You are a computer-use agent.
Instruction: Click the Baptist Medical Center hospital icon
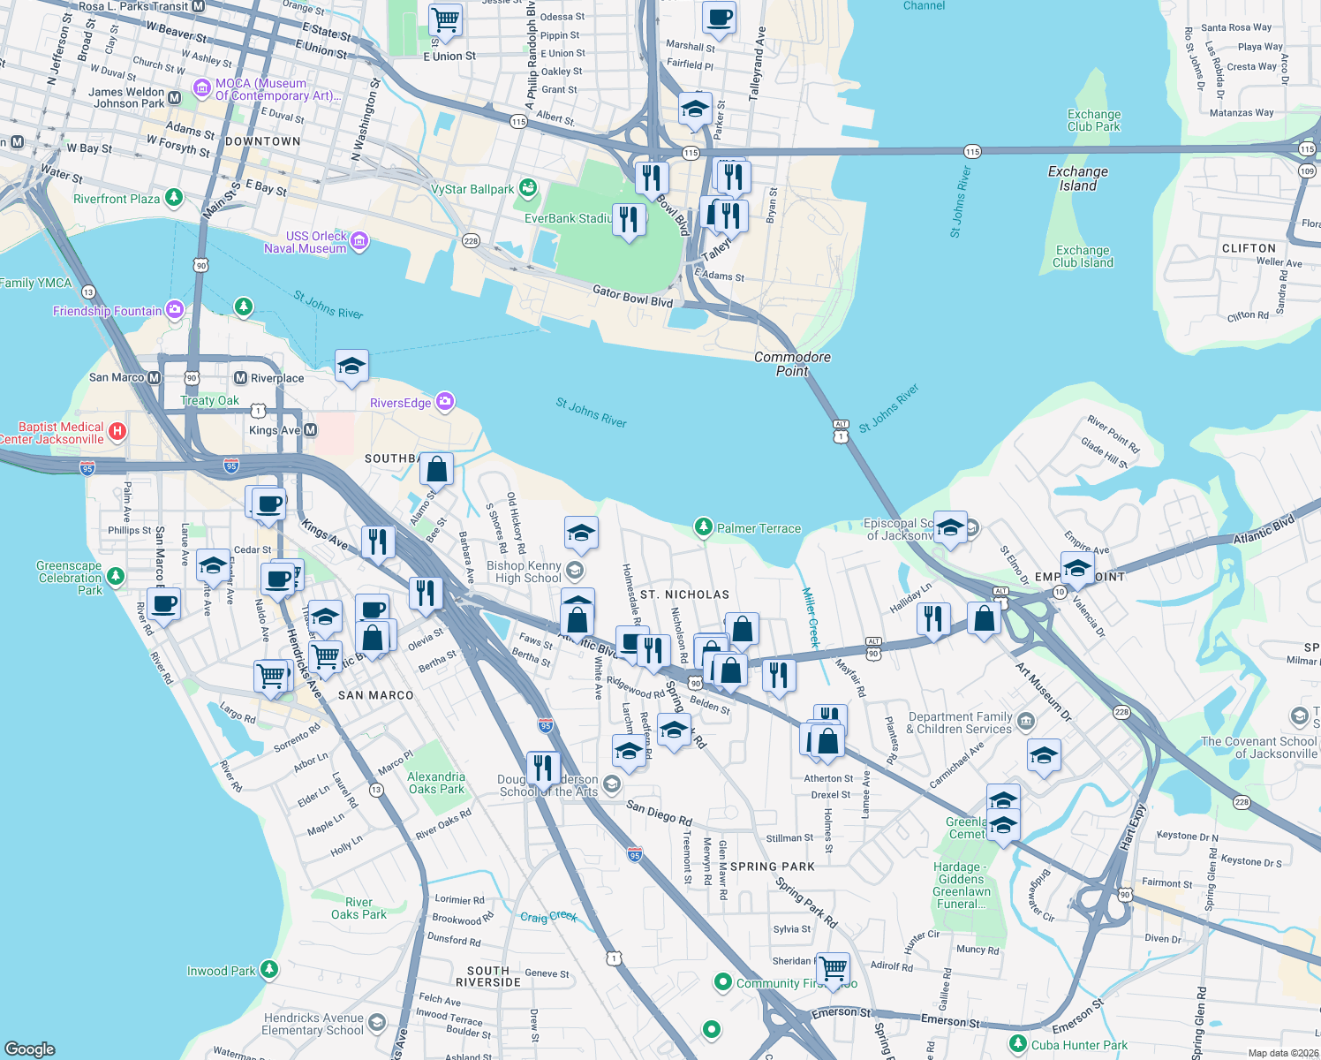(117, 432)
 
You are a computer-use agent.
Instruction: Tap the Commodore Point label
(792, 364)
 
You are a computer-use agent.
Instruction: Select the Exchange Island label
(1077, 178)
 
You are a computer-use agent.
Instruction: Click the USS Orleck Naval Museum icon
(359, 242)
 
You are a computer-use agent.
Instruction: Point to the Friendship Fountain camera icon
(175, 310)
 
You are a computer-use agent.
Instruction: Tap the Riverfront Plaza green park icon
(174, 198)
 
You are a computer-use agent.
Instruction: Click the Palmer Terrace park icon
(703, 528)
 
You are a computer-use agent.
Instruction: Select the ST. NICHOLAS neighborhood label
(684, 594)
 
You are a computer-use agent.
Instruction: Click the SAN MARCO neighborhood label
(375, 695)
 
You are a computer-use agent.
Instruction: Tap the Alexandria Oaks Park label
(435, 783)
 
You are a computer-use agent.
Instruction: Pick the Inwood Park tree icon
(269, 970)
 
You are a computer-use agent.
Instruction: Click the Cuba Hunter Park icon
(1018, 1044)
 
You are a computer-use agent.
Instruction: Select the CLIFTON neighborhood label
(1249, 248)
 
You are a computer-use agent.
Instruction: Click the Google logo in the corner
(30, 1049)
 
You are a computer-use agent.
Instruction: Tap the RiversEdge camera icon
(445, 403)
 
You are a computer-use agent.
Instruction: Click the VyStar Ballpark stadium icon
(528, 188)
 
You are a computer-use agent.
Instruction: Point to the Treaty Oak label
(209, 400)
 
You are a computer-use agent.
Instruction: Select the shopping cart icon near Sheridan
(833, 968)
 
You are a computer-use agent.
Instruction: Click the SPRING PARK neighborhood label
(773, 867)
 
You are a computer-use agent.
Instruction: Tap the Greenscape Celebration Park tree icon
(115, 577)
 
